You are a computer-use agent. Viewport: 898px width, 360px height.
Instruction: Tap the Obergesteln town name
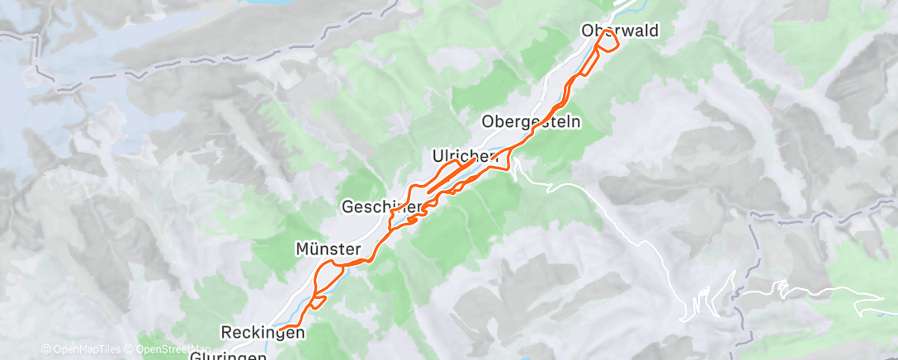(532, 121)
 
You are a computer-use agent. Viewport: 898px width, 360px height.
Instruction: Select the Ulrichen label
(465, 155)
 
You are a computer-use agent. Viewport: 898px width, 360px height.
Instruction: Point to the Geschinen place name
(382, 206)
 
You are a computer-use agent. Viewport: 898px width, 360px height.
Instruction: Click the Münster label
(328, 248)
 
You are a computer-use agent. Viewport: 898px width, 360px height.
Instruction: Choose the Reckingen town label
(263, 332)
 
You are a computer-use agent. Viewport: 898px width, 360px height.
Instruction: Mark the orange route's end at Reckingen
(280, 329)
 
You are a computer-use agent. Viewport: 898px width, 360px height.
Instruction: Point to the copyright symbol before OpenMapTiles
(46, 348)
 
